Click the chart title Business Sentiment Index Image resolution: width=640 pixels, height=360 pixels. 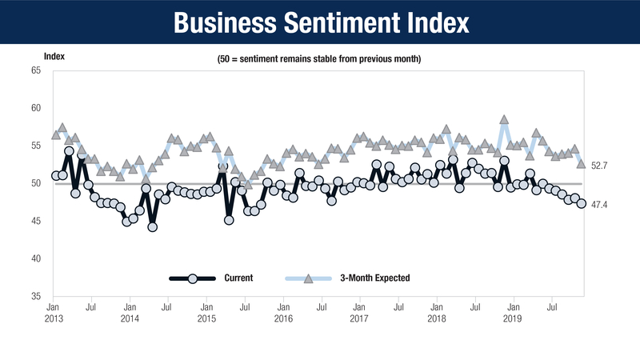tap(319, 22)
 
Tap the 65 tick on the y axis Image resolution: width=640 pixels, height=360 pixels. tap(36, 70)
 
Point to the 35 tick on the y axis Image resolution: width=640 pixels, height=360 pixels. tap(36, 296)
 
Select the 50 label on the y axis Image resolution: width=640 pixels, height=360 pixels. tap(36, 183)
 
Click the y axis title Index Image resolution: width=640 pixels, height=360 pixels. tap(54, 56)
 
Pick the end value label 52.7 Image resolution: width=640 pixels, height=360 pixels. tap(599, 165)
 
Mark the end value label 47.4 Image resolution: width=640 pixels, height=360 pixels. tap(599, 205)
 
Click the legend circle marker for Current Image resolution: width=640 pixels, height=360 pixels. tap(192, 278)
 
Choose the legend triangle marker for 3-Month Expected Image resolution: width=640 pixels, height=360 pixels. tap(309, 278)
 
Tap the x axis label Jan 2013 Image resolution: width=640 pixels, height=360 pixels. tap(54, 312)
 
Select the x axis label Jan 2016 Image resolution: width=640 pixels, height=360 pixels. tap(283, 312)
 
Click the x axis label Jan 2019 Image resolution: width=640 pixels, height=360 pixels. tap(513, 312)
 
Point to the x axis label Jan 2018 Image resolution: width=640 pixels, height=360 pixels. tap(436, 312)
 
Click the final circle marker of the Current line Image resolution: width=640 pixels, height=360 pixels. tap(582, 204)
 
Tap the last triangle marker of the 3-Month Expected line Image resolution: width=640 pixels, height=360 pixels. tap(582, 163)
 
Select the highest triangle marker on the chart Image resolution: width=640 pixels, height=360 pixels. tap(504, 120)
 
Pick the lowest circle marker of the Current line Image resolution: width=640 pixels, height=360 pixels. tap(152, 226)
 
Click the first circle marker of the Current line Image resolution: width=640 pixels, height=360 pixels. tap(55, 175)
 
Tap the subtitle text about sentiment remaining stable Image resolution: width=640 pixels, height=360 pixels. tap(319, 60)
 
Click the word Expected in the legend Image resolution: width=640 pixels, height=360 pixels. tap(392, 278)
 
